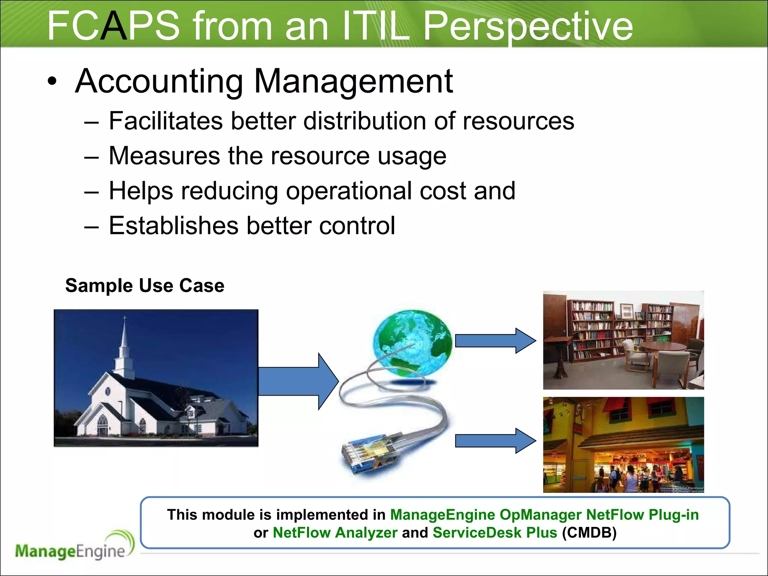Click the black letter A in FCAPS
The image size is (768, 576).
pyautogui.click(x=114, y=26)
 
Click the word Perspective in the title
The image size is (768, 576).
pyautogui.click(x=528, y=26)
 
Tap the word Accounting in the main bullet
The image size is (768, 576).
pyautogui.click(x=159, y=81)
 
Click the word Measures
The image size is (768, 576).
pyautogui.click(x=164, y=156)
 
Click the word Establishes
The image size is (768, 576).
pyautogui.click(x=173, y=226)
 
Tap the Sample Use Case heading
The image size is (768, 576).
pyautogui.click(x=145, y=286)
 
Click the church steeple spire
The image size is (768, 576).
pyautogui.click(x=124, y=337)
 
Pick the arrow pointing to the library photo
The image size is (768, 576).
pyautogui.click(x=495, y=340)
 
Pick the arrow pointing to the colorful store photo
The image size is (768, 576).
pyautogui.click(x=495, y=441)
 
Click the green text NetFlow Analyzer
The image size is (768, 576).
pyautogui.click(x=335, y=533)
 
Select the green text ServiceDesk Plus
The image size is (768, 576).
pyautogui.click(x=495, y=533)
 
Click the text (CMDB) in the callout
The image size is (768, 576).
pyautogui.click(x=589, y=533)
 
